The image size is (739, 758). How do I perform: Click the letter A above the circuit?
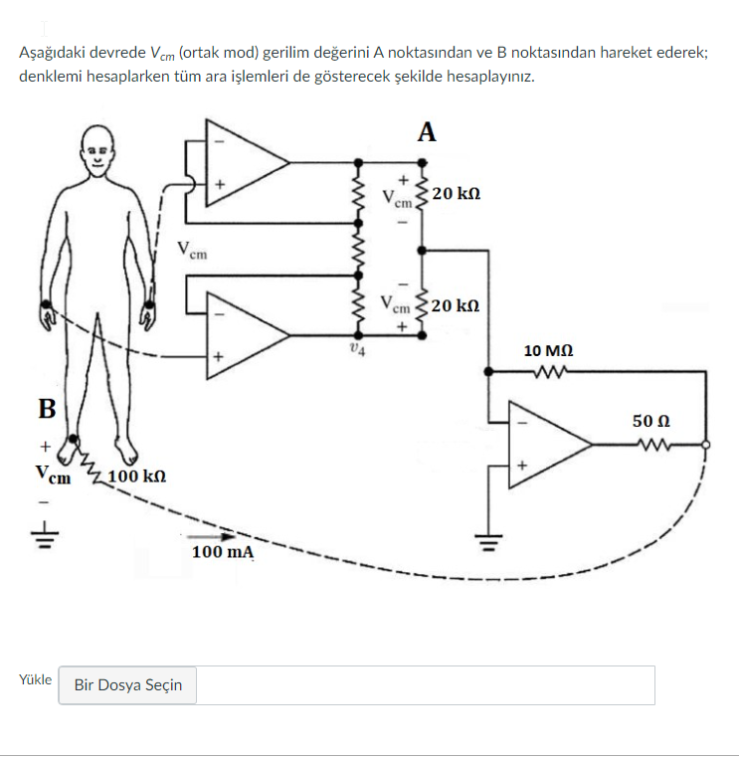coord(427,132)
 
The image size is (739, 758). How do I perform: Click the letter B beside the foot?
coord(47,408)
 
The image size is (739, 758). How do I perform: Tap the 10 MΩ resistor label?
coord(548,351)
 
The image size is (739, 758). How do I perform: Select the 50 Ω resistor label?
coord(650,421)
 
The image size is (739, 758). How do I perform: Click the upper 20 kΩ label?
coord(457,192)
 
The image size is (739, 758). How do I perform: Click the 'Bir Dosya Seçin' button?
coord(127,685)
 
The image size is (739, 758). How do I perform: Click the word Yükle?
coord(35,680)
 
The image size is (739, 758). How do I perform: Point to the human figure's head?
coord(97,152)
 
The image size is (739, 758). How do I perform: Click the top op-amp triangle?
coord(244,160)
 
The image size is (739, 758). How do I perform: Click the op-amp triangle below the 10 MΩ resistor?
coord(547,445)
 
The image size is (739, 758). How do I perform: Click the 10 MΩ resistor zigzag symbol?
coord(549,374)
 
